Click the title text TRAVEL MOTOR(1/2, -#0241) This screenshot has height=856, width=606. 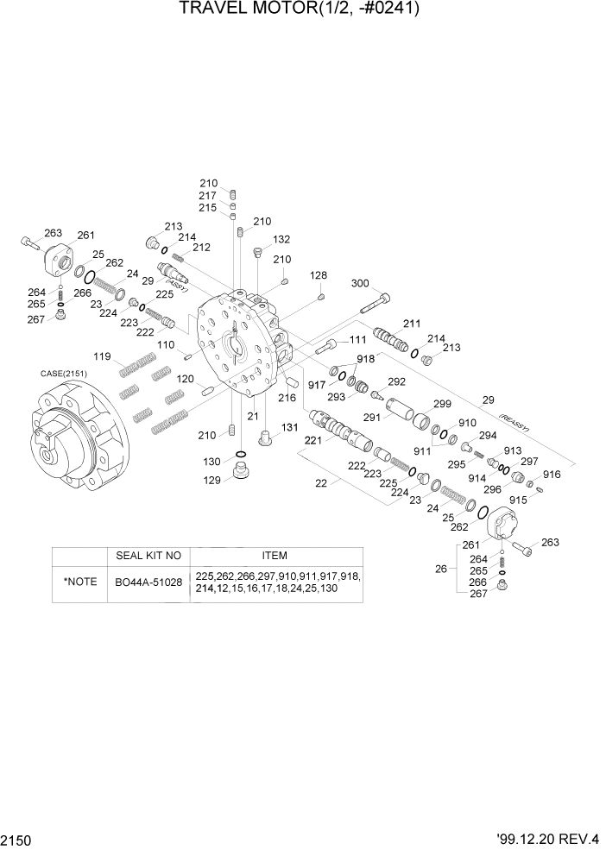pyautogui.click(x=302, y=10)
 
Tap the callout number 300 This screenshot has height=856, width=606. pyautogui.click(x=361, y=283)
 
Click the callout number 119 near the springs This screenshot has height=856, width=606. pyautogui.click(x=103, y=356)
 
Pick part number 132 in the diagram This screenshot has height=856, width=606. pyautogui.click(x=281, y=239)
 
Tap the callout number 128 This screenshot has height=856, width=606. pyautogui.click(x=319, y=275)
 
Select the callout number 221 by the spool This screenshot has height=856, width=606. pyautogui.click(x=312, y=439)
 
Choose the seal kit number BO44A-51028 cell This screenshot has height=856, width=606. pyautogui.click(x=148, y=582)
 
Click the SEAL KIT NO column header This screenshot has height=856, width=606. pyautogui.click(x=148, y=556)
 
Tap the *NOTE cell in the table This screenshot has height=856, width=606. pyautogui.click(x=79, y=582)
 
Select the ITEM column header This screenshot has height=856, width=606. pyautogui.click(x=275, y=556)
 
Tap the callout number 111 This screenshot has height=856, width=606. pyautogui.click(x=357, y=339)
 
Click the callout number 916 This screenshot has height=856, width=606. pyautogui.click(x=552, y=475)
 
